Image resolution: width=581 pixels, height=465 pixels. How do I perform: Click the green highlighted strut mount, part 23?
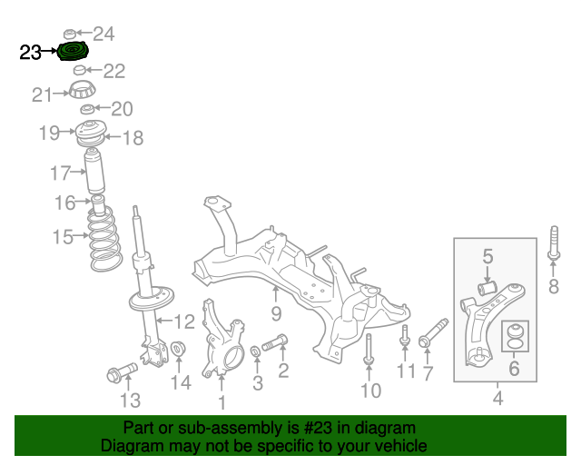tap(73, 52)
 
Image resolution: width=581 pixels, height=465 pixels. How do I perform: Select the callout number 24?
tap(103, 34)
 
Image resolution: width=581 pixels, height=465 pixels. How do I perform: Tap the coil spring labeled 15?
tap(105, 239)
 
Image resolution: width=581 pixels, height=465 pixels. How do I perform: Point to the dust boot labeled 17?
tap(94, 171)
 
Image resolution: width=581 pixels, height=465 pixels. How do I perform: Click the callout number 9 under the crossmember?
tap(276, 313)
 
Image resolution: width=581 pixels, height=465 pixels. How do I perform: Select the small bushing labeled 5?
tap(487, 289)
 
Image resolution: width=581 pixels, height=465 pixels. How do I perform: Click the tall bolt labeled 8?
tap(554, 242)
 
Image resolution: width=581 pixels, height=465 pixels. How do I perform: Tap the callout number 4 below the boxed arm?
tap(498, 398)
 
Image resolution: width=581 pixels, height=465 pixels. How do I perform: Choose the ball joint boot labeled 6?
tap(515, 336)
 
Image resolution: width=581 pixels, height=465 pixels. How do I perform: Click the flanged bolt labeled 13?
tap(122, 372)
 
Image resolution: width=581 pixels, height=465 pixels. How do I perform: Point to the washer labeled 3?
tap(256, 351)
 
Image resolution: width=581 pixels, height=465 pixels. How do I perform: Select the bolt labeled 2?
tap(275, 342)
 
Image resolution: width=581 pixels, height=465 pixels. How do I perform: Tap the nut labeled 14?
tap(178, 349)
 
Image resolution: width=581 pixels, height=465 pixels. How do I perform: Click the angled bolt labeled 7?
tap(433, 332)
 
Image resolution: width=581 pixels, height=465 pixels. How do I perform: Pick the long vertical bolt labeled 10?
tap(369, 349)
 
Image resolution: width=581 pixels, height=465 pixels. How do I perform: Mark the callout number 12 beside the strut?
tap(184, 322)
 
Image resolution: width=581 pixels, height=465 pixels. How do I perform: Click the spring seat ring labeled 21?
tap(83, 90)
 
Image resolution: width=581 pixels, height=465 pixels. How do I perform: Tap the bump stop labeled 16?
tap(98, 206)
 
